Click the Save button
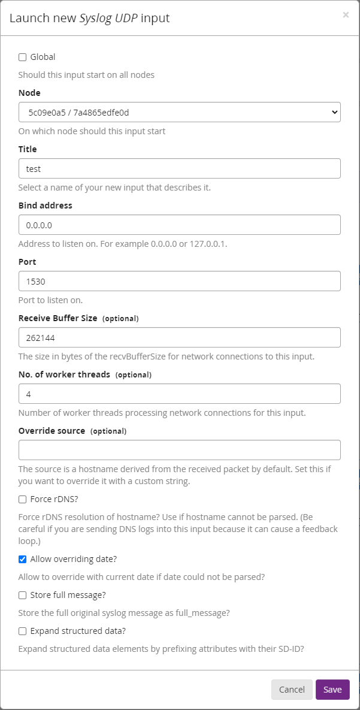pos(332,689)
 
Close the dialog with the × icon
pos(346,15)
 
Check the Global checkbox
pos(23,58)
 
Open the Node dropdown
pos(179,112)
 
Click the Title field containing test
pos(179,168)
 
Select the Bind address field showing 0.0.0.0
pos(179,225)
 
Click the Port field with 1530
pos(179,281)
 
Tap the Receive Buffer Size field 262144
pos(179,337)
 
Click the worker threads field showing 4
pos(179,394)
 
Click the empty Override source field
pos(179,450)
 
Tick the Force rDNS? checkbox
pos(23,499)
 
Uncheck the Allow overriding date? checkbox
pos(23,559)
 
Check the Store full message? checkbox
pos(23,595)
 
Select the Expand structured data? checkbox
pos(23,631)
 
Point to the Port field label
pos(27,262)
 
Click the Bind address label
pos(45,206)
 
